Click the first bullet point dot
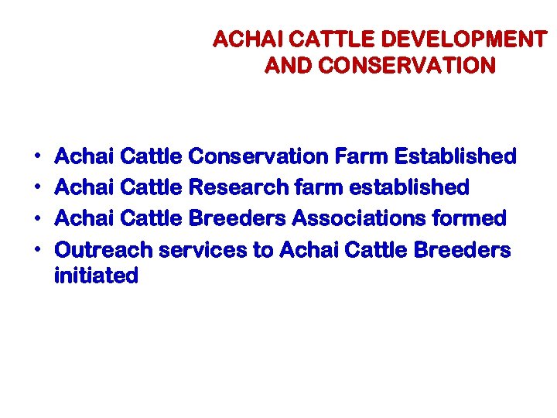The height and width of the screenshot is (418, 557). click(39, 157)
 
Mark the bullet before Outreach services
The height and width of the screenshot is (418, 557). click(39, 251)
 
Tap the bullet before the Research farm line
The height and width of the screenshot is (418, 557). click(39, 188)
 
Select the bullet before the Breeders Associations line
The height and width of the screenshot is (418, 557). click(39, 219)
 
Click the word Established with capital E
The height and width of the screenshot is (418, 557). click(455, 156)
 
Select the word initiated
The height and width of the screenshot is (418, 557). click(96, 276)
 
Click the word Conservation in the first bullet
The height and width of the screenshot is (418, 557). click(258, 156)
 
